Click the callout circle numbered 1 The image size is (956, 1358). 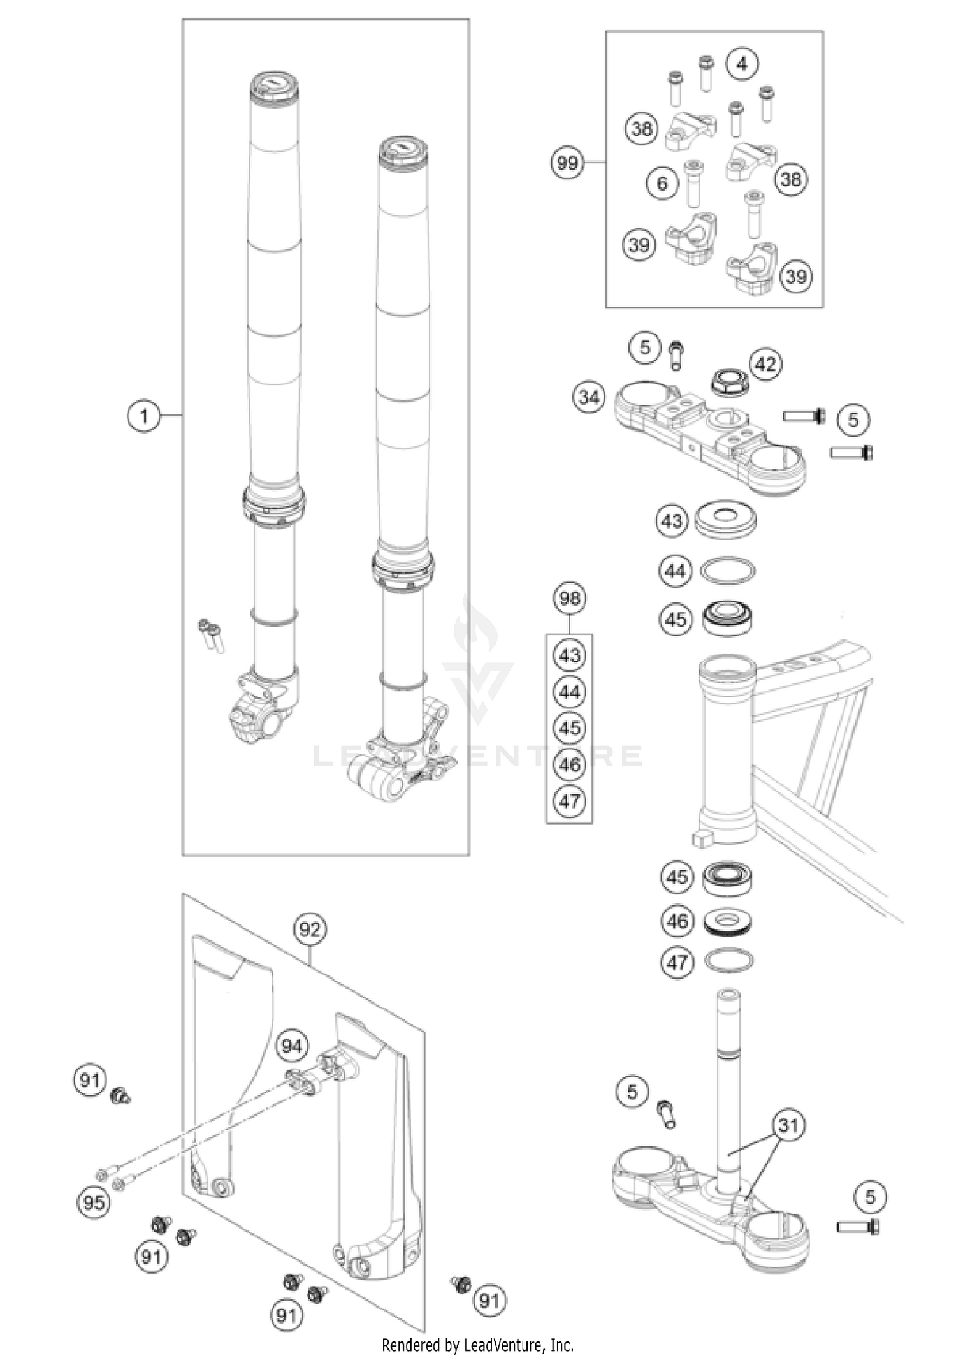pos(143,416)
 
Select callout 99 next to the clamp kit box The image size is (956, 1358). pos(567,163)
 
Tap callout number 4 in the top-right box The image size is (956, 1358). pos(742,64)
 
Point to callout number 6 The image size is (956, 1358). pos(662,184)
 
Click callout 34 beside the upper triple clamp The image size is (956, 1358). pos(588,397)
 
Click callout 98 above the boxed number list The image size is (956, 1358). pos(569,598)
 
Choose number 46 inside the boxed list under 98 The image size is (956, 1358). pos(569,764)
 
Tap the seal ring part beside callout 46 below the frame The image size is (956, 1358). pos(728,922)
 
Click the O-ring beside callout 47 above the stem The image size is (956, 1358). pos(728,960)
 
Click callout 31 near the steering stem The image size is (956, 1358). pos(788,1125)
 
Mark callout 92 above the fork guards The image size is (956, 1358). pos(310,930)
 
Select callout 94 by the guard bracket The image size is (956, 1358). pos(292,1046)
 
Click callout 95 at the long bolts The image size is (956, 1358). pos(94,1202)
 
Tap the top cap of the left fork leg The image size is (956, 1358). pos(274,84)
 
